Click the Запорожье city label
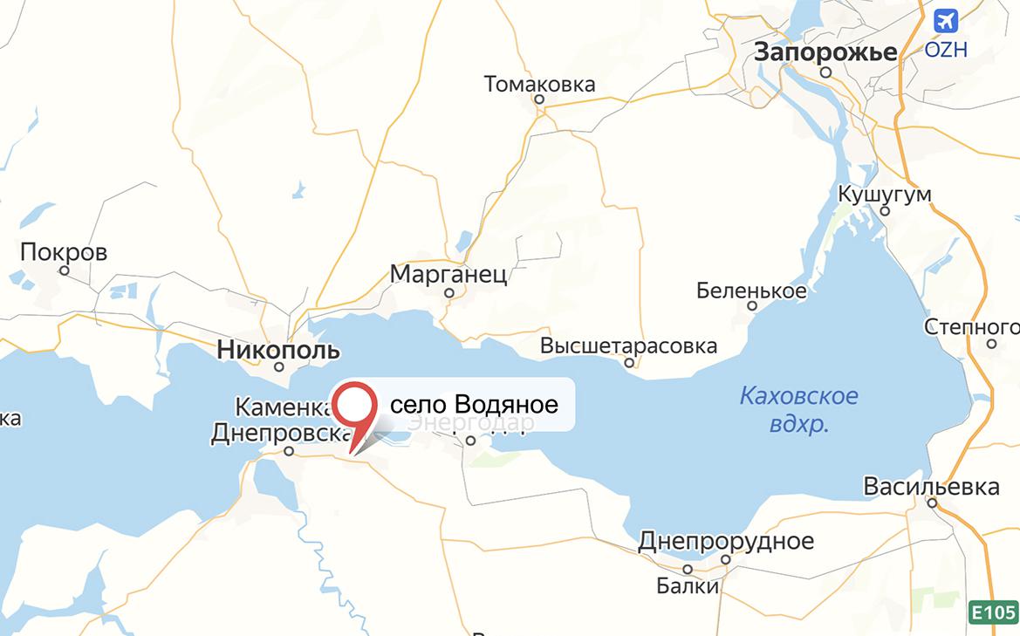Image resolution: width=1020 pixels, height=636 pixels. click(825, 52)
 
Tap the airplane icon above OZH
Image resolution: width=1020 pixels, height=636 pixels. click(945, 20)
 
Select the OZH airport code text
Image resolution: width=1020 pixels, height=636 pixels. click(946, 50)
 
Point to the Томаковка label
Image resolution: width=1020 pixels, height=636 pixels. click(539, 84)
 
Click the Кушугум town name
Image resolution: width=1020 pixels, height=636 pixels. click(885, 194)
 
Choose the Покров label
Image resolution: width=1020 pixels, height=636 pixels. click(64, 253)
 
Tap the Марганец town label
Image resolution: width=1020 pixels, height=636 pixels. click(448, 275)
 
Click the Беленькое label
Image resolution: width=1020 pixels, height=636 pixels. click(751, 291)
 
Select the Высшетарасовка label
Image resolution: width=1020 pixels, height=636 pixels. click(628, 345)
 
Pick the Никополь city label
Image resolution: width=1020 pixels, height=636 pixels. click(278, 351)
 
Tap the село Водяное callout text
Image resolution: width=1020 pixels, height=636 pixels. click(473, 405)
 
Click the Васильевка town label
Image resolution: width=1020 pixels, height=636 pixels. click(931, 486)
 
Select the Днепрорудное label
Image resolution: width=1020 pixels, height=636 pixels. click(725, 541)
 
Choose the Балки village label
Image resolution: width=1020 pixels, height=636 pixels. click(688, 585)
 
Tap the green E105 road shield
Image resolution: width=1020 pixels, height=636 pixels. click(994, 612)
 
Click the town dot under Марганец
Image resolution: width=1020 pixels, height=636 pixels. click(449, 293)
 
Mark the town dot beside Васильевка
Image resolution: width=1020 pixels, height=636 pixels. click(932, 503)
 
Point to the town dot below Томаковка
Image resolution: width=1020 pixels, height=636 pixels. click(539, 99)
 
